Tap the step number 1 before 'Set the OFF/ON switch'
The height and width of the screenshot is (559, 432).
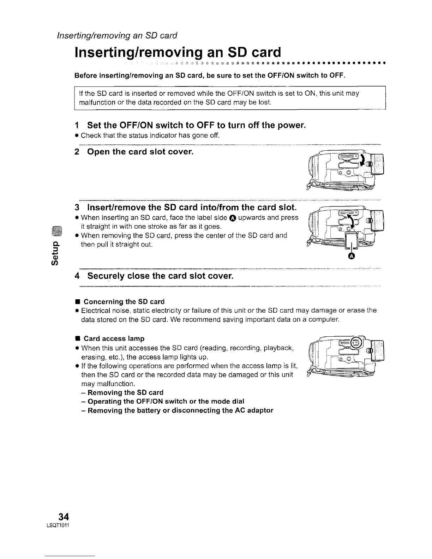click(77, 125)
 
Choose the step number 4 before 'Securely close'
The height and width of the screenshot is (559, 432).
click(77, 275)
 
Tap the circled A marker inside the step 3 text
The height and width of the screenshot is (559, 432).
click(233, 218)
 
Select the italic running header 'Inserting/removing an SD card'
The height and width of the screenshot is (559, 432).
click(117, 36)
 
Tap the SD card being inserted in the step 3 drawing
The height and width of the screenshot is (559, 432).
click(351, 242)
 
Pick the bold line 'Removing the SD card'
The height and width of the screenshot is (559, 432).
click(125, 392)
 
